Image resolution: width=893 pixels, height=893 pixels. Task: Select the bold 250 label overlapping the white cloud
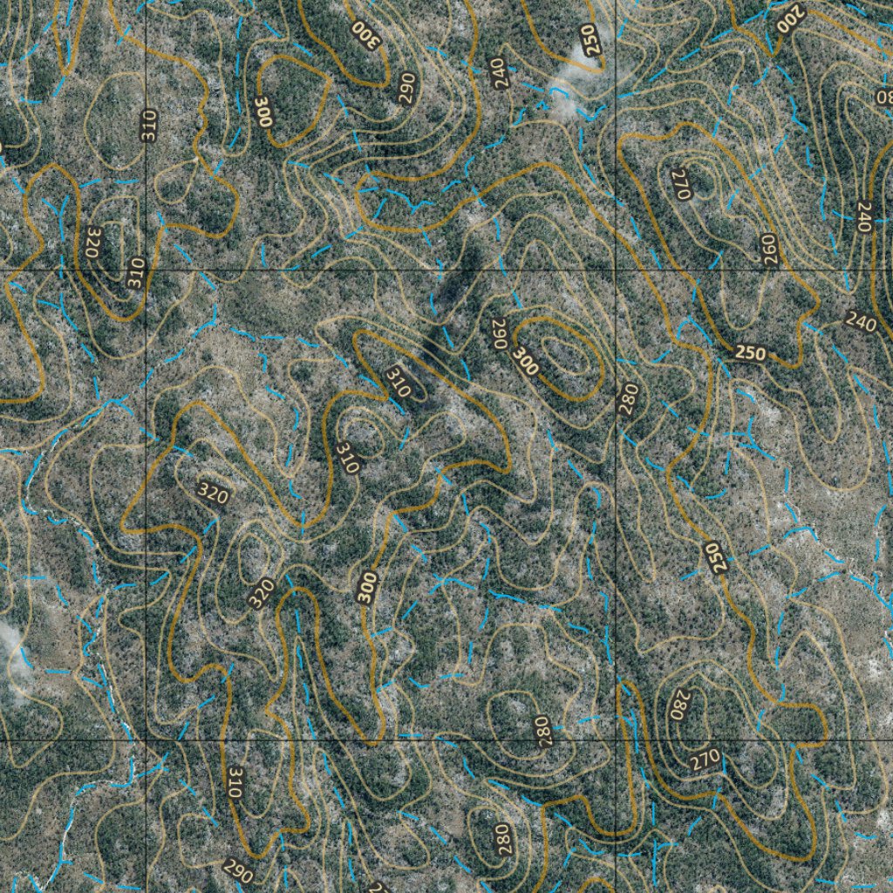pyautogui.click(x=592, y=40)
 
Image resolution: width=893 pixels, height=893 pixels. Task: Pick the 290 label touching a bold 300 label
pyautogui.click(x=499, y=333)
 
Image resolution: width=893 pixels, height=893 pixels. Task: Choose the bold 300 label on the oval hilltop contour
pyautogui.click(x=525, y=362)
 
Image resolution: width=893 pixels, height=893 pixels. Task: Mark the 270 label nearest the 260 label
pyautogui.click(x=681, y=184)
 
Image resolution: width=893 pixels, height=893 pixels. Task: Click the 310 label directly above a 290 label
pyautogui.click(x=233, y=782)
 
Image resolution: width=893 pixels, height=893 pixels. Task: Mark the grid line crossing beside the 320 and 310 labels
pyautogui.click(x=145, y=271)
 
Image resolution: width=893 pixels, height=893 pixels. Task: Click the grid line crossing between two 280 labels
pyautogui.click(x=616, y=740)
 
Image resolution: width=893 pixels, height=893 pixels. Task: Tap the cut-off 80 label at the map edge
pyautogui.click(x=883, y=96)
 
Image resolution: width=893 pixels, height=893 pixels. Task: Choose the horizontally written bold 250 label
pyautogui.click(x=751, y=353)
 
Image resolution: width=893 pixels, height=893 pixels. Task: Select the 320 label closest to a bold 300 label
pyautogui.click(x=261, y=594)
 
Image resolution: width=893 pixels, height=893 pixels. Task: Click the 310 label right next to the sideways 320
pyautogui.click(x=135, y=273)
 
